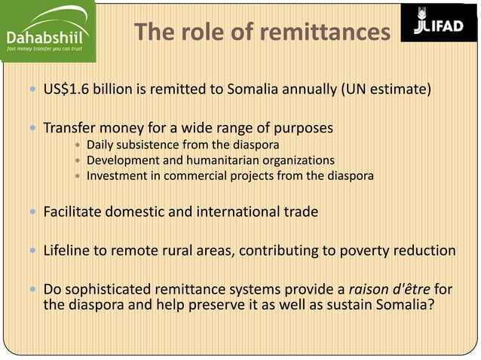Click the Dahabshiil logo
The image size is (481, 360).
pyautogui.click(x=46, y=32)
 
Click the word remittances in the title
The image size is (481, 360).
pyautogui.click(x=326, y=32)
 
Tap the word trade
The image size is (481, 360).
pyautogui.click(x=300, y=212)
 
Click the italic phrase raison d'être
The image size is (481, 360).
pyautogui.click(x=388, y=289)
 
